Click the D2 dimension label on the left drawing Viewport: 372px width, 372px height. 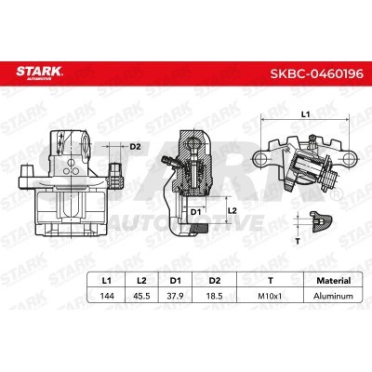click(x=135, y=146)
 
